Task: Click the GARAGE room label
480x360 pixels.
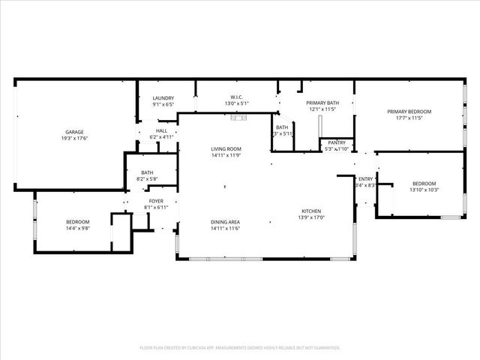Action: click(x=73, y=132)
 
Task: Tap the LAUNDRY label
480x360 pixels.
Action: click(x=163, y=98)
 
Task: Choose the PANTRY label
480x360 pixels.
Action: click(x=337, y=142)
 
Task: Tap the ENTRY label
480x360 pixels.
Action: click(x=366, y=178)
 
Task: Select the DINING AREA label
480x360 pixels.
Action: click(x=225, y=222)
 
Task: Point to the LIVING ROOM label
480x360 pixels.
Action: click(x=225, y=149)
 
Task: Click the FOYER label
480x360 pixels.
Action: click(x=156, y=201)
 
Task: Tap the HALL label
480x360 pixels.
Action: click(x=161, y=130)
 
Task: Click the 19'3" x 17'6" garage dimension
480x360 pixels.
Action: click(x=73, y=139)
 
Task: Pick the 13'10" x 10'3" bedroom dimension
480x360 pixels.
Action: click(x=424, y=190)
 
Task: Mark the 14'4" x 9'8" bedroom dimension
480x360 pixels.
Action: click(x=77, y=228)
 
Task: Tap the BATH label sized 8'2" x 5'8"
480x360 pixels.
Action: click(x=146, y=172)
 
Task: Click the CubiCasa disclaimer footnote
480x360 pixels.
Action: click(x=240, y=348)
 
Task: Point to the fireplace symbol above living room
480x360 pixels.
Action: click(x=239, y=117)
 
